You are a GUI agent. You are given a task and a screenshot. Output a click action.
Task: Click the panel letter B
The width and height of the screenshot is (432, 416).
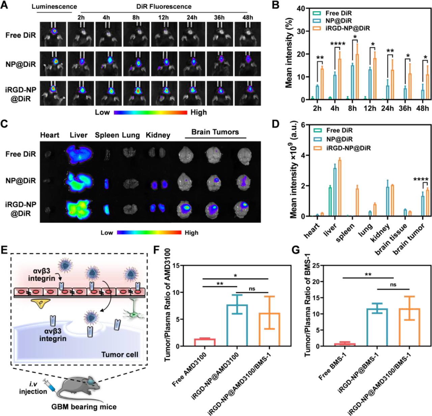[275, 5]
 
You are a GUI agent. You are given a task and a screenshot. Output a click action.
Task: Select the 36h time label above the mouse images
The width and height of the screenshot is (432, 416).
[219, 17]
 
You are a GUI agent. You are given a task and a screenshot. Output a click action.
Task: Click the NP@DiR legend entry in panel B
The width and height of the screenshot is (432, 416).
[339, 21]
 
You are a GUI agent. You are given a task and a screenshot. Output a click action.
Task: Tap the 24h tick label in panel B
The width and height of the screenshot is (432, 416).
[387, 108]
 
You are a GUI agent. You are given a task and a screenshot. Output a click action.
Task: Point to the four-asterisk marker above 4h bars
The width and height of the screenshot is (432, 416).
[337, 44]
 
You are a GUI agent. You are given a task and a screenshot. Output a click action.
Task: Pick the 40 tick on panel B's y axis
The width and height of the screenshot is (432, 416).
[301, 8]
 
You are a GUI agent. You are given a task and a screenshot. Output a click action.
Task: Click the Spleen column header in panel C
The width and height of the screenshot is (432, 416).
[107, 135]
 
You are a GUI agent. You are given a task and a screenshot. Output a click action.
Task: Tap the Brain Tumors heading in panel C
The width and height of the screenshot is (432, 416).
[215, 132]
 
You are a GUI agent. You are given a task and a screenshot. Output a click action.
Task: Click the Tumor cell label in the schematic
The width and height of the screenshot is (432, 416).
[120, 355]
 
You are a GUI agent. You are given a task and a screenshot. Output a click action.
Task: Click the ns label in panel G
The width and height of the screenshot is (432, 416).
[393, 285]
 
